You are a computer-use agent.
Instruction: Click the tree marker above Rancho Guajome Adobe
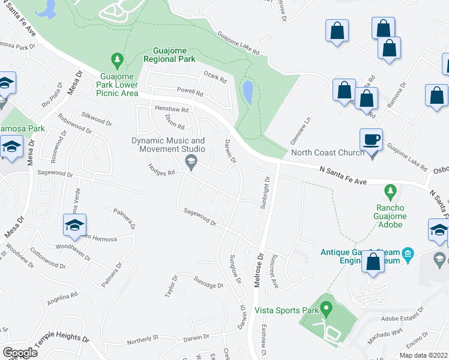(x=391, y=192)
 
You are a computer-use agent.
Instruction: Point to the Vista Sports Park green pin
(x=327, y=310)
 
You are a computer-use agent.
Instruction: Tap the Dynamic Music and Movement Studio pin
(x=191, y=160)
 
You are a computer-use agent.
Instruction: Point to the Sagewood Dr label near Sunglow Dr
(x=200, y=218)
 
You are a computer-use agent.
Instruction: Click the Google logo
(x=20, y=353)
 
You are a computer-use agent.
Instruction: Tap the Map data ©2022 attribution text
(x=423, y=355)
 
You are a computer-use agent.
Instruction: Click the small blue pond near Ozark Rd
(x=247, y=92)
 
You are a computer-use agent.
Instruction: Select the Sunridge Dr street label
(x=208, y=282)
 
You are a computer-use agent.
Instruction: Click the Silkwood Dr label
(x=97, y=118)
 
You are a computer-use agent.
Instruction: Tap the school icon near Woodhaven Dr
(x=74, y=226)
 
